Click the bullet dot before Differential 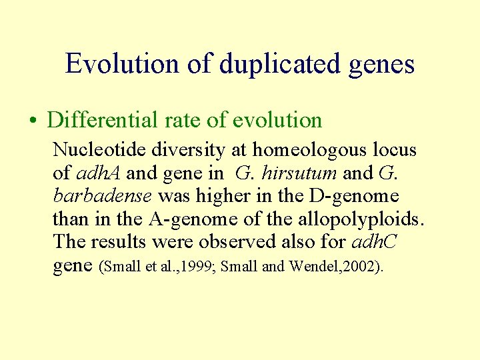pyautogui.click(x=33, y=121)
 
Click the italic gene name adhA pyautogui.click(x=100, y=173)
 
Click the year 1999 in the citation pyautogui.click(x=196, y=267)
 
